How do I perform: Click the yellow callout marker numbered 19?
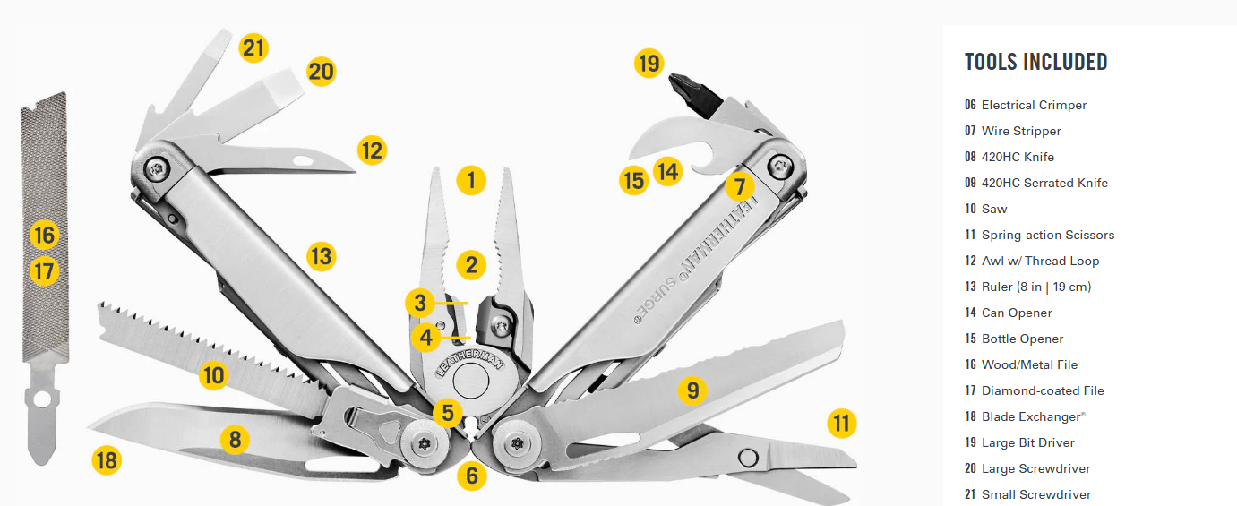pos(649,63)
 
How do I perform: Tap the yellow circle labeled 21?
pos(253,47)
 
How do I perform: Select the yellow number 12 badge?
pos(372,150)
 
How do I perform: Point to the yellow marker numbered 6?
pos(472,476)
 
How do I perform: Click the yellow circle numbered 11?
pos(842,423)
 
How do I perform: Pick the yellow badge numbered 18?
pos(107,460)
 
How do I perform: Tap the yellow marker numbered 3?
pos(420,303)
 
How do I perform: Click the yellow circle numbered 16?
pos(44,235)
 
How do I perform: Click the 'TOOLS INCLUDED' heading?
pos(1036,61)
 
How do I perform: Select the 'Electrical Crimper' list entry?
pos(1034,105)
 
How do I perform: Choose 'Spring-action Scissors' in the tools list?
pos(1048,235)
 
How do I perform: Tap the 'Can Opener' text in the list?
pos(1017,313)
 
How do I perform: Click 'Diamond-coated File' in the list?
pos(1043,390)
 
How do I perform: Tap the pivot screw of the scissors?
pos(748,458)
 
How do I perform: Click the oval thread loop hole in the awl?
pos(303,161)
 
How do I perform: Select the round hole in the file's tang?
pos(41,399)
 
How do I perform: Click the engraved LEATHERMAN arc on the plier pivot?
pos(468,362)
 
